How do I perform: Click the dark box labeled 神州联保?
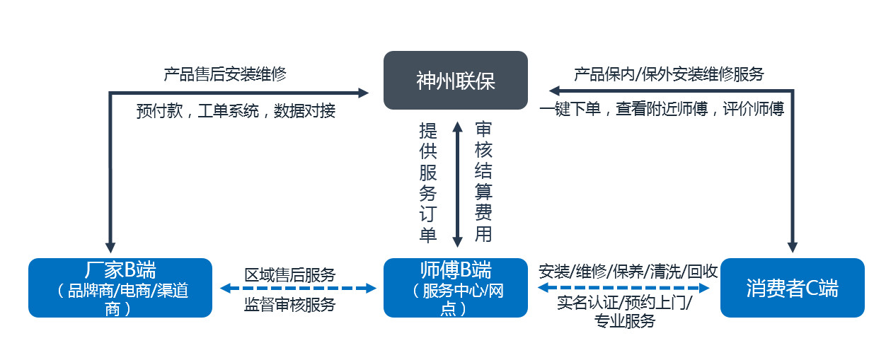[x=456, y=81]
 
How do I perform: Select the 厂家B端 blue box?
[x=120, y=288]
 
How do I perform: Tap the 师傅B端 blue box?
[x=456, y=288]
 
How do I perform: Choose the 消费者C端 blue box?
[x=792, y=288]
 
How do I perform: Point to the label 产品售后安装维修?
[x=225, y=74]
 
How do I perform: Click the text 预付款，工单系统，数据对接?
[x=236, y=111]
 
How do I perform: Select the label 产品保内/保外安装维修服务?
[x=669, y=74]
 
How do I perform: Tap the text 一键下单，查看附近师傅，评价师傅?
[x=662, y=110]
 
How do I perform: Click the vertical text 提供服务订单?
[x=428, y=182]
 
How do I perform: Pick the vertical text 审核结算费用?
[x=484, y=182]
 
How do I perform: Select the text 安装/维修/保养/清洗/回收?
[x=628, y=271]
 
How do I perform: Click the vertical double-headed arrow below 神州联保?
[x=457, y=182]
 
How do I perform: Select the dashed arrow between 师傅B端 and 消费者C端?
[x=624, y=289]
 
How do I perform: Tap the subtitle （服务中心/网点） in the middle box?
[x=456, y=300]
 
